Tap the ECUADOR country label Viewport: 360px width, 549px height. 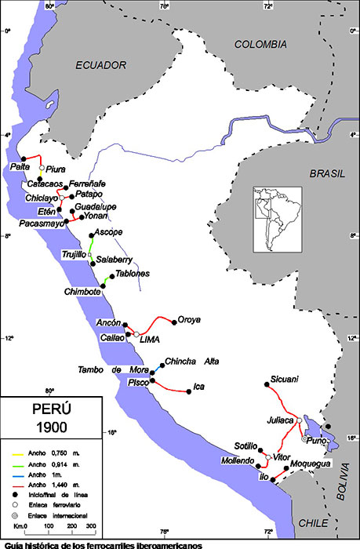101,66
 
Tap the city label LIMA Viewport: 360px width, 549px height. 149,340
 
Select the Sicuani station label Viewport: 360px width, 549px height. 284,380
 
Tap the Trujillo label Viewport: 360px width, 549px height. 75,254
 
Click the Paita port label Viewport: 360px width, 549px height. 20,167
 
